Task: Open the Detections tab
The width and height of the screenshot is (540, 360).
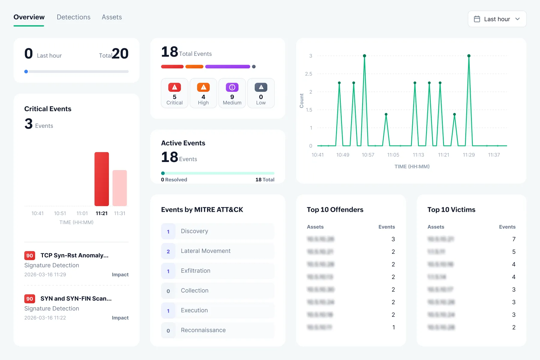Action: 73,17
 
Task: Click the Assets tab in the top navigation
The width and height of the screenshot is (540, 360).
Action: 112,17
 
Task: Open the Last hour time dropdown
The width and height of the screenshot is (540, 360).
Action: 497,19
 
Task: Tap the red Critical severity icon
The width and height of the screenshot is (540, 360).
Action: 175,87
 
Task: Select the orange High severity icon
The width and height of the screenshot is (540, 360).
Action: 203,87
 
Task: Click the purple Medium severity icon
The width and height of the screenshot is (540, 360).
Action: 232,87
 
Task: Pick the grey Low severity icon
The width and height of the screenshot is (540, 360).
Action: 261,87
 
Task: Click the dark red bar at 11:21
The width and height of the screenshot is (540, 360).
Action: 102,179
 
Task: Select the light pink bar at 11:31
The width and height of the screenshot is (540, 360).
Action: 120,188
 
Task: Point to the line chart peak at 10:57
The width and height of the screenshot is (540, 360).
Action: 364,56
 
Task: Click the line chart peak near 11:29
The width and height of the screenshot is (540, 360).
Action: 469,56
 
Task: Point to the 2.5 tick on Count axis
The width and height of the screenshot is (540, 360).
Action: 309,74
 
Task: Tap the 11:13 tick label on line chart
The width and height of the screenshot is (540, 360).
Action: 418,155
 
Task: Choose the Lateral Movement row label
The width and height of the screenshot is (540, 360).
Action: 205,251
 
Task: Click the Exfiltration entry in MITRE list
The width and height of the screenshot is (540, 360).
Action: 196,271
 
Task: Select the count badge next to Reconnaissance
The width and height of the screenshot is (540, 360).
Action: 168,331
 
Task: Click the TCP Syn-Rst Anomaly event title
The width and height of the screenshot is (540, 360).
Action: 74,255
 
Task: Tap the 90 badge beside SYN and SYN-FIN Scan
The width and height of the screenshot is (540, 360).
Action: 30,299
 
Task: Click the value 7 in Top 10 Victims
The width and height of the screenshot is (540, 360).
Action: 514,239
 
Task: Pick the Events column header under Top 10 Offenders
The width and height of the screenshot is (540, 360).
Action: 386,227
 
